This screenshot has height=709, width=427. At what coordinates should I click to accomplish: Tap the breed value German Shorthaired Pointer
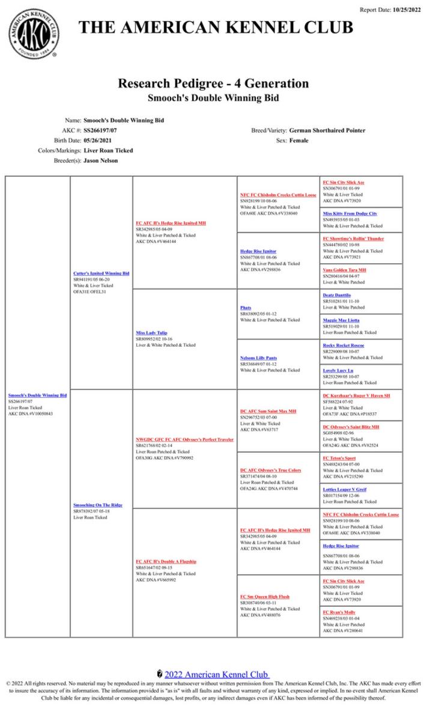pos(327,130)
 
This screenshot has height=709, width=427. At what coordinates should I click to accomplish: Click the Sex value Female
pos(298,140)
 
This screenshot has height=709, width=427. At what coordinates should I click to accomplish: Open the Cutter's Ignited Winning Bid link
pos(101,273)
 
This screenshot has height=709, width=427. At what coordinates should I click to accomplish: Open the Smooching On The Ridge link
pos(97,505)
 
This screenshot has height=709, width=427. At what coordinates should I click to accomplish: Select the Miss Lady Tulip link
pos(151,332)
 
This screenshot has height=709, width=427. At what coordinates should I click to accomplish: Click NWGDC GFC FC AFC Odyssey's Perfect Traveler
pos(184,439)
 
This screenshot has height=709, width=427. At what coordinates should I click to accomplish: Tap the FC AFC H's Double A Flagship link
pos(166,561)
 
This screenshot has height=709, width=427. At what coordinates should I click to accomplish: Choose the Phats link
pos(246,307)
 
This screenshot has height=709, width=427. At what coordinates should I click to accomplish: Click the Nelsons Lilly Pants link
pos(258,358)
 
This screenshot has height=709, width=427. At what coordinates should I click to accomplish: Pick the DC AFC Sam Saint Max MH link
pos(268,411)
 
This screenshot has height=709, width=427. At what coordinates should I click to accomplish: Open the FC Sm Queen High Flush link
pos(265,596)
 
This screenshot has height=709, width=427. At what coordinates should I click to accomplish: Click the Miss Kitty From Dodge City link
pos(350,213)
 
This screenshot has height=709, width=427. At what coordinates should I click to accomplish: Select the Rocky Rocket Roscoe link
pos(343,345)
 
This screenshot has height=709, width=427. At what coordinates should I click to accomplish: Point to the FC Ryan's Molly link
pos(339,612)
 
